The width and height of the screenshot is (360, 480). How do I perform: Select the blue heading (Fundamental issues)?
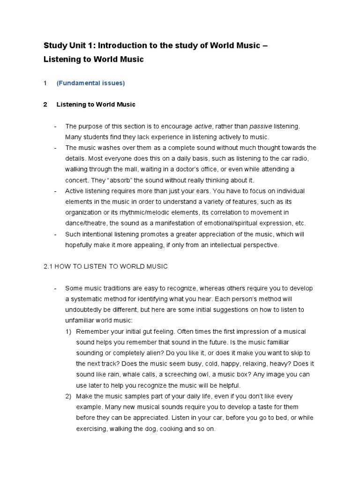click(90, 83)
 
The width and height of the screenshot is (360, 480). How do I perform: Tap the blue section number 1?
click(45, 83)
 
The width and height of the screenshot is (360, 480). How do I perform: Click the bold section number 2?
click(45, 105)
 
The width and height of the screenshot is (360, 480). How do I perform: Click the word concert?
click(77, 180)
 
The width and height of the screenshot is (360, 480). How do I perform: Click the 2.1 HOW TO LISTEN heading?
click(105, 266)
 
